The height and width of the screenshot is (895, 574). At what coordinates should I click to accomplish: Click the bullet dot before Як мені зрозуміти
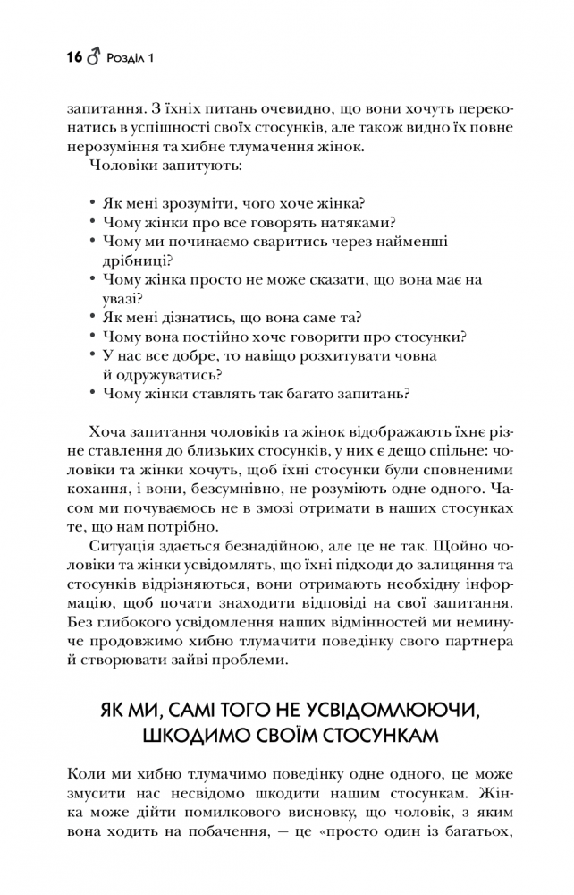(x=93, y=204)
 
